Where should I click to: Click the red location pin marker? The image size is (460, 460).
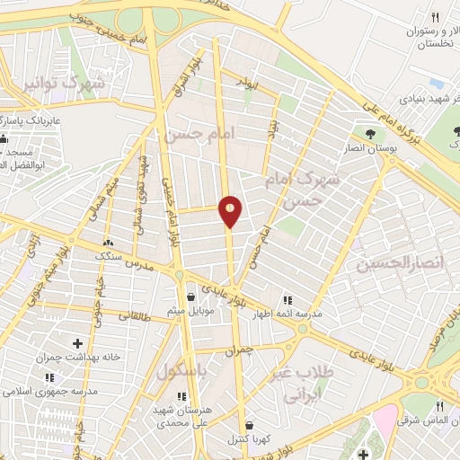pos(231,211)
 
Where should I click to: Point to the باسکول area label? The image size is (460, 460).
pos(190,370)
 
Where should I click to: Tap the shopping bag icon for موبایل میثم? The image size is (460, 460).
pos(190,296)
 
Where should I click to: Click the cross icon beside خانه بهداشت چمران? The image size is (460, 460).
pos(77,342)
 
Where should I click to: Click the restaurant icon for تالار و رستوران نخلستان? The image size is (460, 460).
pos(436,16)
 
